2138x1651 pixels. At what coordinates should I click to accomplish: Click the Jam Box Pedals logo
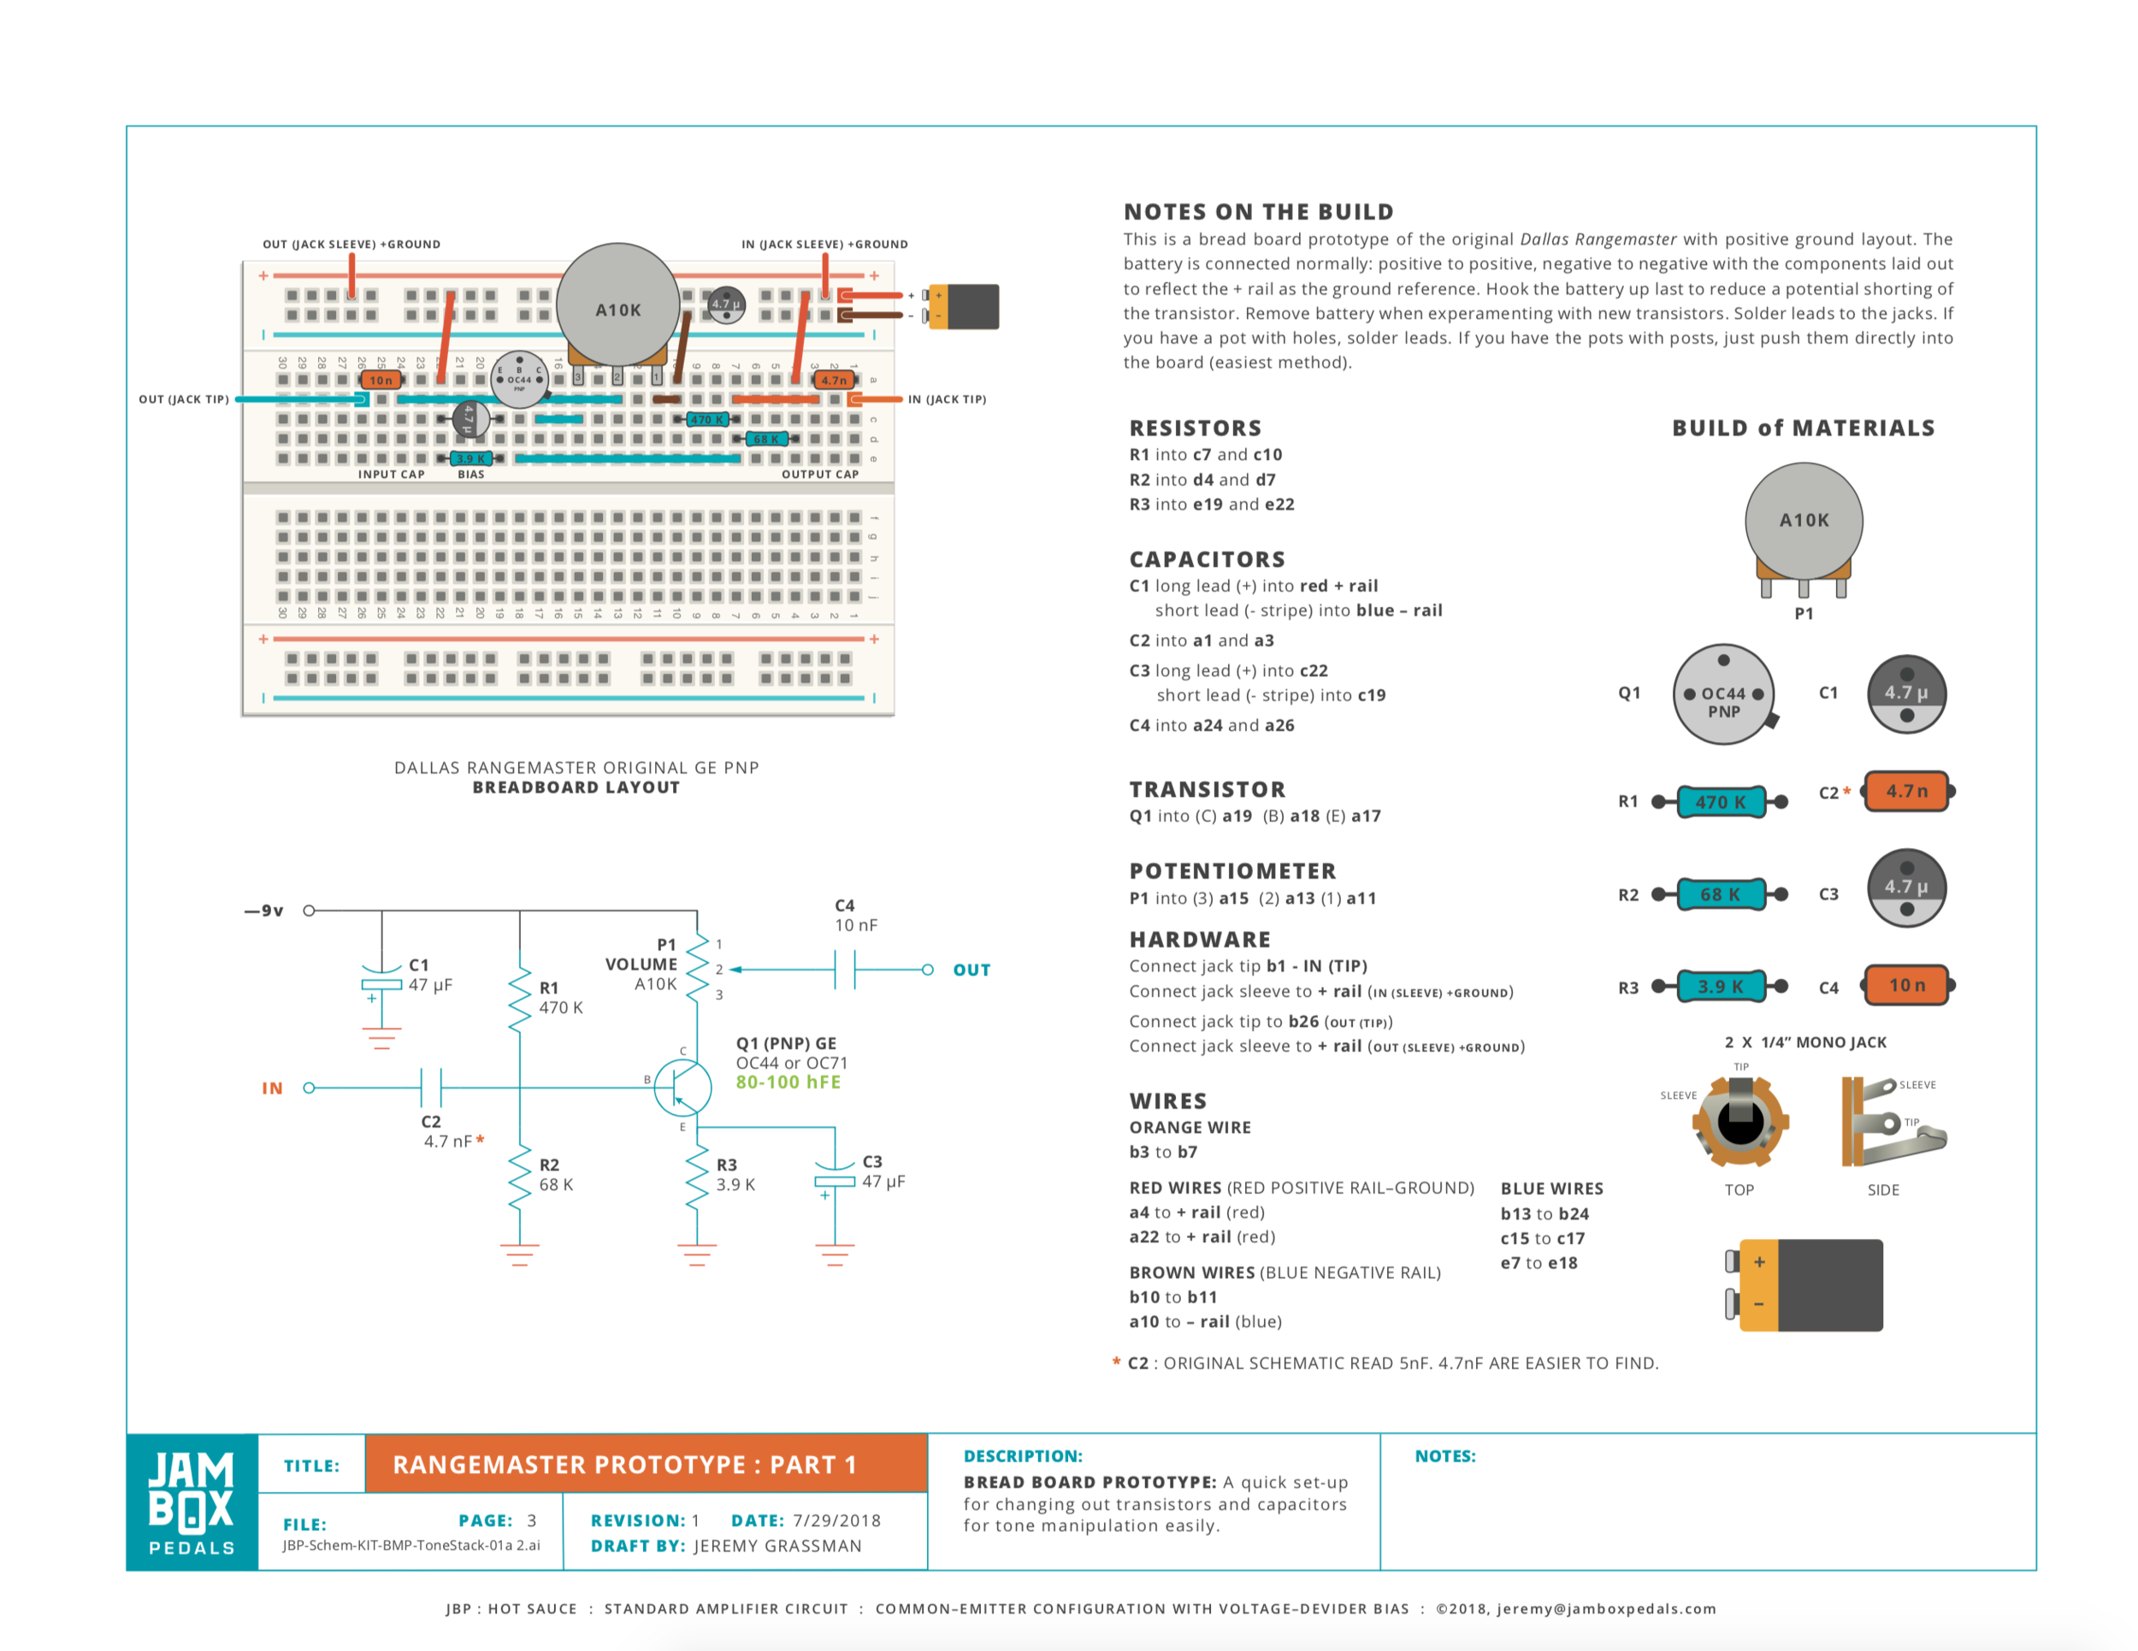[x=192, y=1501]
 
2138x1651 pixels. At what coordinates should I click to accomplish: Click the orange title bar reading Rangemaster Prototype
[x=645, y=1464]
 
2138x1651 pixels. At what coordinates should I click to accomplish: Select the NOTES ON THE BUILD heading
[x=1258, y=211]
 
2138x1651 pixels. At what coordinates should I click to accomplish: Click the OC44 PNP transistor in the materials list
[x=1723, y=695]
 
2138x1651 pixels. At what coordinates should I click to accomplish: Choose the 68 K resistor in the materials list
[x=1720, y=894]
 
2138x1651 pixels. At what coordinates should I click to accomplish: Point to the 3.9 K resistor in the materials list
[x=1720, y=987]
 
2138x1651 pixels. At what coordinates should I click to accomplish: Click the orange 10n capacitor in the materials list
[x=1906, y=986]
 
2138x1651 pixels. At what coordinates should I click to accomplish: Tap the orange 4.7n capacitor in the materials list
[x=1906, y=791]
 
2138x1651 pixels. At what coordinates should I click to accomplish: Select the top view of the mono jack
[x=1739, y=1122]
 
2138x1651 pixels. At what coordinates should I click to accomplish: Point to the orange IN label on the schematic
[x=272, y=1088]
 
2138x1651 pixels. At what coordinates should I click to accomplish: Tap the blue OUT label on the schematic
[x=972, y=970]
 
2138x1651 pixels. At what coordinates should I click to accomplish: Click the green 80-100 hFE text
[x=788, y=1082]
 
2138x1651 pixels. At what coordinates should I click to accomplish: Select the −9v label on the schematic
[x=264, y=911]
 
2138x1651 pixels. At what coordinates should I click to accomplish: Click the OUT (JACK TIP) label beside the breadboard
[x=184, y=399]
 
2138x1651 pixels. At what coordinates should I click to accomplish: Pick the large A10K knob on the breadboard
[x=617, y=305]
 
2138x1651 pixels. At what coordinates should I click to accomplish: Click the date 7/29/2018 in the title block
[x=836, y=1520]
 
